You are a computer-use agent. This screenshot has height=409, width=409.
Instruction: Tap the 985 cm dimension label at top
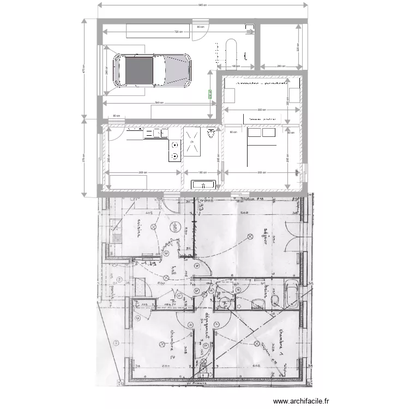201,5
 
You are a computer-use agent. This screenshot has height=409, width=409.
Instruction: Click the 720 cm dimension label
178,32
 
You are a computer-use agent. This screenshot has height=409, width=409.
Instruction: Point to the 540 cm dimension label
158,103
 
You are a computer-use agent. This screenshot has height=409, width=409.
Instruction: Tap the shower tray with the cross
193,142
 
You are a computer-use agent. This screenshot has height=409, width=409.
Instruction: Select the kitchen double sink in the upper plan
160,133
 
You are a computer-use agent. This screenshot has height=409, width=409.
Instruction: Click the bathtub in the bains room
290,294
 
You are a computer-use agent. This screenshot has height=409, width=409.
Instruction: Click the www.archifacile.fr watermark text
301,401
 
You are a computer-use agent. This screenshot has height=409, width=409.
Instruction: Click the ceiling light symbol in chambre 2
162,344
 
